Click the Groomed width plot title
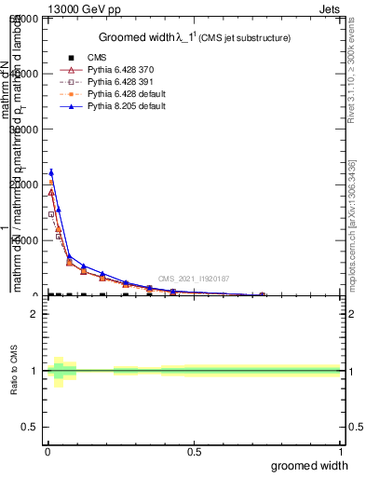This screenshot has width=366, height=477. pyautogui.click(x=195, y=37)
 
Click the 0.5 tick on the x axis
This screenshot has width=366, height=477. pyautogui.click(x=194, y=451)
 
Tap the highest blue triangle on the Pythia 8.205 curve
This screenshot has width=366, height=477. pyautogui.click(x=51, y=172)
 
